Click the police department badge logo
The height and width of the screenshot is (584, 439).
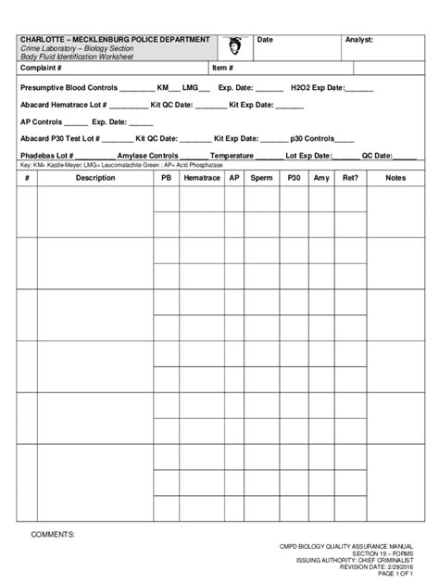pyautogui.click(x=236, y=46)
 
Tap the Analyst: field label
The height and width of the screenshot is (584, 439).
pyautogui.click(x=358, y=40)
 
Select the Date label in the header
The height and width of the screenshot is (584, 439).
pyautogui.click(x=264, y=40)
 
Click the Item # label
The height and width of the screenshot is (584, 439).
pyautogui.click(x=222, y=68)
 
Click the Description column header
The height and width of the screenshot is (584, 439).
pyautogui.click(x=95, y=177)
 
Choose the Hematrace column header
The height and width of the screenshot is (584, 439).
pyautogui.click(x=202, y=177)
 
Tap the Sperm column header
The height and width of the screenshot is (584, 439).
pyautogui.click(x=262, y=177)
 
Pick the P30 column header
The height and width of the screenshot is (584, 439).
pyautogui.click(x=295, y=177)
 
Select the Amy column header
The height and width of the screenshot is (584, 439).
pyautogui.click(x=321, y=177)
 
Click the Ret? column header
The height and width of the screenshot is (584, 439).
pyautogui.click(x=351, y=177)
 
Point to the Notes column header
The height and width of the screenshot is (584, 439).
pyautogui.click(x=395, y=177)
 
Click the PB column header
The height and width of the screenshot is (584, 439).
pyautogui.click(x=167, y=177)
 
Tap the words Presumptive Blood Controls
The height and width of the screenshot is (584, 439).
pyautogui.click(x=69, y=87)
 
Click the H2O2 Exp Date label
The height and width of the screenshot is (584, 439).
pyautogui.click(x=317, y=87)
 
